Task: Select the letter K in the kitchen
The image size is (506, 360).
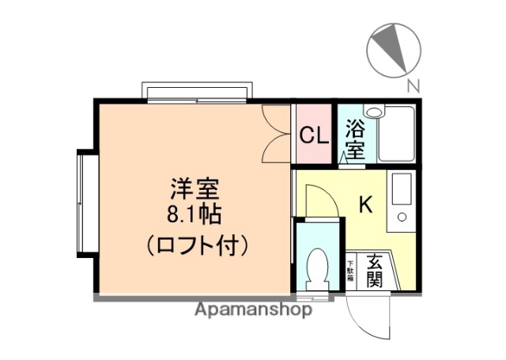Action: (365, 204)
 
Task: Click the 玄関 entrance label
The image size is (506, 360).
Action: (375, 269)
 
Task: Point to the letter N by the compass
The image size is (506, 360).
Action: (413, 85)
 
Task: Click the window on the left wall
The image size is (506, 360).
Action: (85, 198)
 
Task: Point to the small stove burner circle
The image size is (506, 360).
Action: (401, 218)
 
